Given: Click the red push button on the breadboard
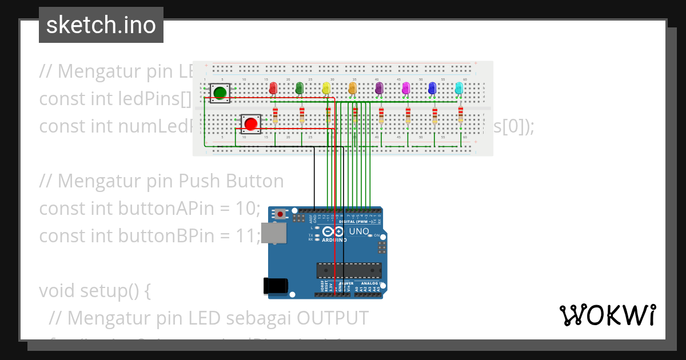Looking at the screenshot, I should pyautogui.click(x=250, y=123).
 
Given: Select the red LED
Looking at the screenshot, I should pyautogui.click(x=273, y=87).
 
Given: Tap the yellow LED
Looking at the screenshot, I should pyautogui.click(x=326, y=87).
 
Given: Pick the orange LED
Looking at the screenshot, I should pyautogui.click(x=352, y=87).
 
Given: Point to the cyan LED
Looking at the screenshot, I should pyautogui.click(x=458, y=87).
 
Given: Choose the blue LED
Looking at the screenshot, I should pyautogui.click(x=432, y=87).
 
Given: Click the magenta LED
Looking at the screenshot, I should pyautogui.click(x=406, y=87).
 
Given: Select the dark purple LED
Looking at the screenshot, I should pyautogui.click(x=378, y=87).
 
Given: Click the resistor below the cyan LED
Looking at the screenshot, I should pyautogui.click(x=461, y=114).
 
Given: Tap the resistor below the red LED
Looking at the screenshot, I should pyautogui.click(x=276, y=114).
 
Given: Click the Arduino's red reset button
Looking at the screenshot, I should pyautogui.click(x=281, y=214).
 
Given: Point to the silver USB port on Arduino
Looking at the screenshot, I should pyautogui.click(x=273, y=233).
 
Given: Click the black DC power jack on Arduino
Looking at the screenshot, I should pyautogui.click(x=273, y=286).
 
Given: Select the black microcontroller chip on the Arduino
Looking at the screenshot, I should pyautogui.click(x=349, y=270).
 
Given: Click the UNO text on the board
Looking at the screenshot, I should pyautogui.click(x=359, y=231).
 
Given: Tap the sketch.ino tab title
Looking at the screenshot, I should pyautogui.click(x=101, y=25).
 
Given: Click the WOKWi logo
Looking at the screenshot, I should pyautogui.click(x=607, y=315).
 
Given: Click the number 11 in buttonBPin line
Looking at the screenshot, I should pyautogui.click(x=246, y=235).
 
